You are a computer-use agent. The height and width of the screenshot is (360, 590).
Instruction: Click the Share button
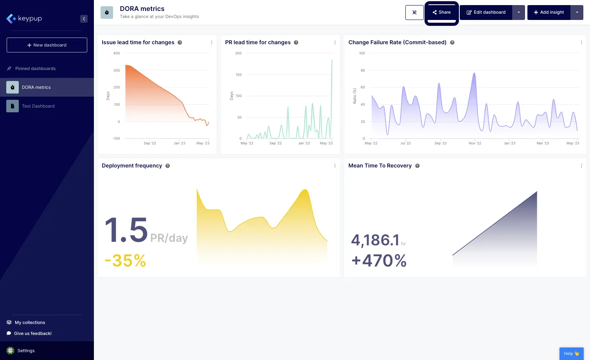(441, 13)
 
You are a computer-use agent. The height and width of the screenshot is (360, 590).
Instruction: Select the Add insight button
(549, 13)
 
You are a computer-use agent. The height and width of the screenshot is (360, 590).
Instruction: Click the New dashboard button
(47, 45)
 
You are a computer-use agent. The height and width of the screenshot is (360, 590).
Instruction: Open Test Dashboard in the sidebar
(38, 106)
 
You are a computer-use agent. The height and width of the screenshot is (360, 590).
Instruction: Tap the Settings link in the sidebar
(26, 351)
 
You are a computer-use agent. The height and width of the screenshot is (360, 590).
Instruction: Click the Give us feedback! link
(32, 333)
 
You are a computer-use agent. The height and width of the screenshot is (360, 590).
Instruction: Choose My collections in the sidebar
(30, 322)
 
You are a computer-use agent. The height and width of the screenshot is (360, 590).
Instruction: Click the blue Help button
(571, 353)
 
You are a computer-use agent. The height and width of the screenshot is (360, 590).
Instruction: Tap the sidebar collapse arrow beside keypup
(84, 19)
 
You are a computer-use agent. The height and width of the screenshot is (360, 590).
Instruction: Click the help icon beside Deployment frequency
(167, 166)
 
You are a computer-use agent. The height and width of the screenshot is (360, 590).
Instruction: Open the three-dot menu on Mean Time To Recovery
(581, 166)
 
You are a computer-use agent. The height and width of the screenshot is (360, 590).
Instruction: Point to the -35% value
(125, 261)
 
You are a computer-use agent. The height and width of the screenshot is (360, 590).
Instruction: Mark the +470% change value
(379, 261)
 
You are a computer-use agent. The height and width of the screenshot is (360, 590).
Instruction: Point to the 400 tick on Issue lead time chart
(117, 53)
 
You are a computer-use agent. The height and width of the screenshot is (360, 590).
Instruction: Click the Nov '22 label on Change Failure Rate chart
(475, 143)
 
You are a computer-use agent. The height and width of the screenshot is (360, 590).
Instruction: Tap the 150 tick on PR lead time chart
(239, 75)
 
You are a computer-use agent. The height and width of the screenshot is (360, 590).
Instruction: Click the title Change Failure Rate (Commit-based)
(397, 42)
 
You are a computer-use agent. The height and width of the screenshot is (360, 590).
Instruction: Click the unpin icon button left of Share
(414, 13)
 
